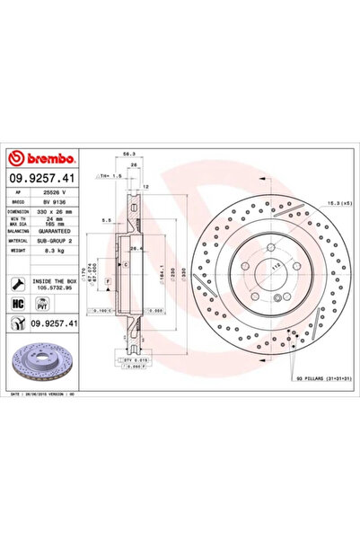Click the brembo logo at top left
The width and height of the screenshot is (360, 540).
coord(45,157)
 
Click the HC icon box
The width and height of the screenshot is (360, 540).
coord(19,305)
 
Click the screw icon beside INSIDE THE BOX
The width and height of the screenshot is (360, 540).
coord(19,284)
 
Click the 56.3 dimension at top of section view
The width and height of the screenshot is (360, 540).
coord(132,153)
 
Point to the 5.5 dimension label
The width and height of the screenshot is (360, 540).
coord(107,218)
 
